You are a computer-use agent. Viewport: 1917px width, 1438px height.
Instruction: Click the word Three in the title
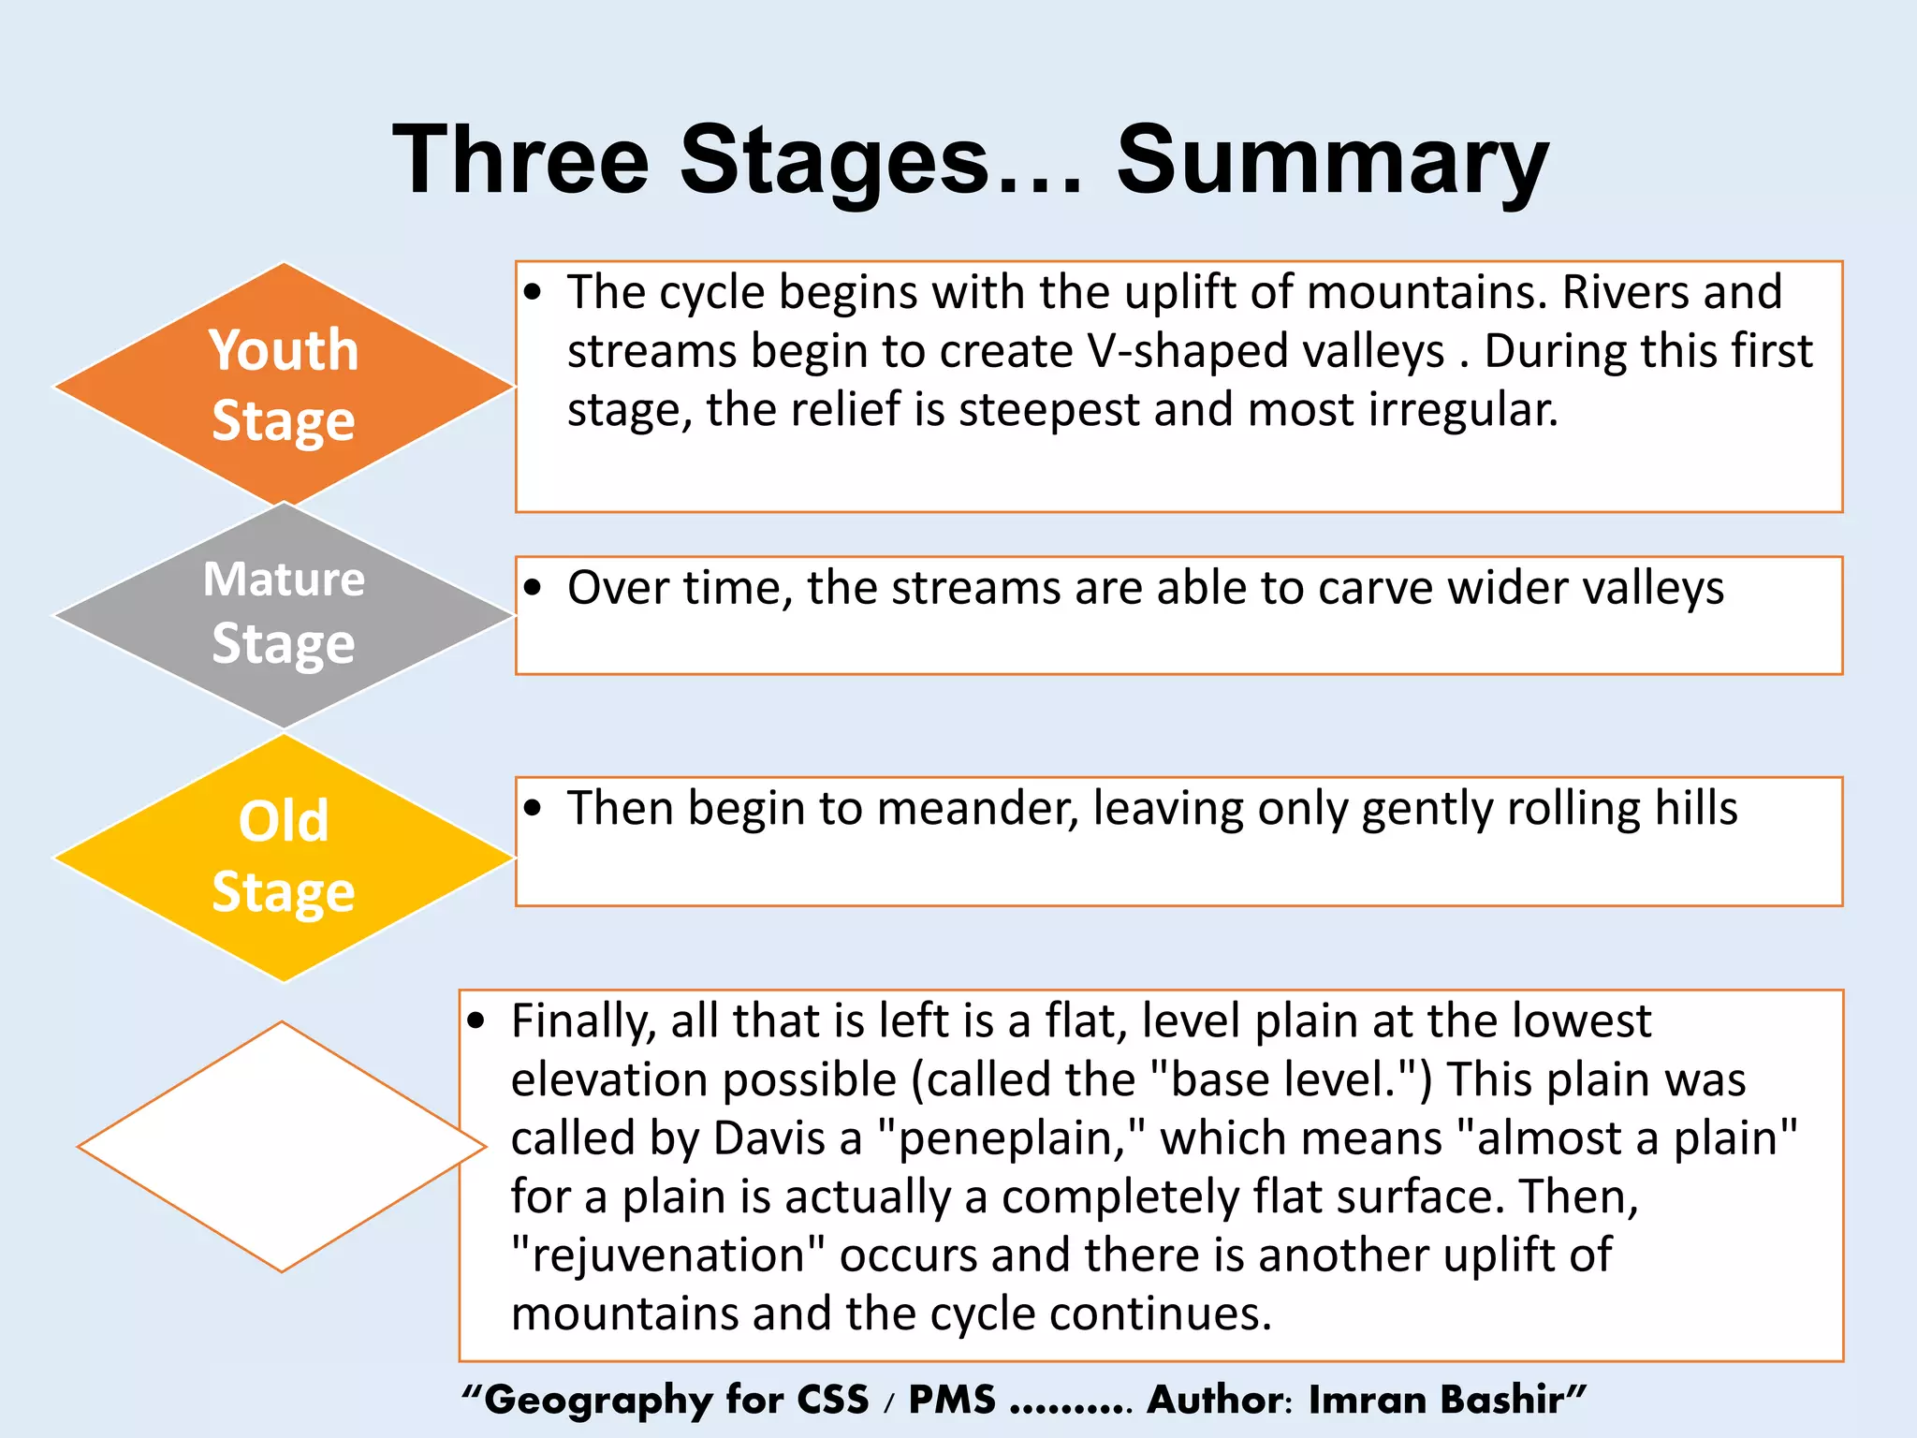520,161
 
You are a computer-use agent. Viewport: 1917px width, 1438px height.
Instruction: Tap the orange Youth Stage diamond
284,385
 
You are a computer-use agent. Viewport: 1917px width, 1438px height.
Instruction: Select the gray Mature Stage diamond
284,614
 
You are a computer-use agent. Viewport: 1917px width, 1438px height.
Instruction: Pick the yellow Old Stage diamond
284,857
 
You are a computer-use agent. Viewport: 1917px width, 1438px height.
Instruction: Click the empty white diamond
282,1146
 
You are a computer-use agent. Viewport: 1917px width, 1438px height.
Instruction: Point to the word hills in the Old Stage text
1695,808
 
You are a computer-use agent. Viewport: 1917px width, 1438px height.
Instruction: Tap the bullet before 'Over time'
534,588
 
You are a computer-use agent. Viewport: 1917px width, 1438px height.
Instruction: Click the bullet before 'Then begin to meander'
534,808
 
